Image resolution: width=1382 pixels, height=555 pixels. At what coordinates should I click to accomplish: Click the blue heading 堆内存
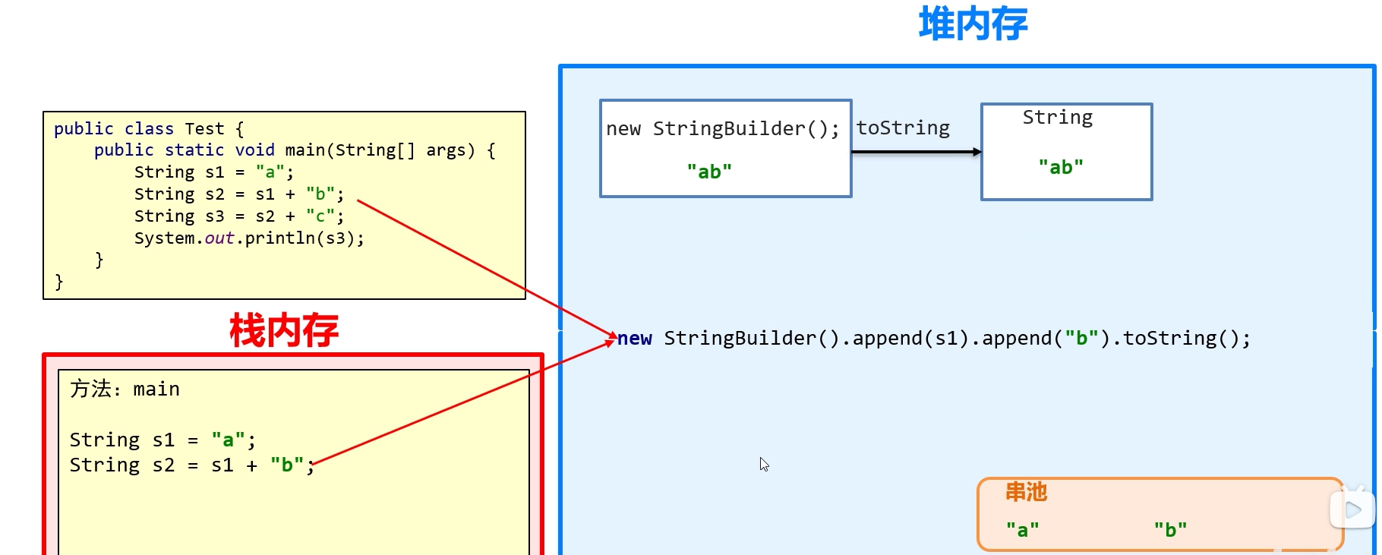click(x=973, y=24)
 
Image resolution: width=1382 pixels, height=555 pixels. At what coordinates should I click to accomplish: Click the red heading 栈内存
click(x=284, y=330)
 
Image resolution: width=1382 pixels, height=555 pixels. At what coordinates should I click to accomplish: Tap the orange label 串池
click(x=1026, y=493)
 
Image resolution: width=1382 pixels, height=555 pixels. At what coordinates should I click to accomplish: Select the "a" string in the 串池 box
click(x=1022, y=530)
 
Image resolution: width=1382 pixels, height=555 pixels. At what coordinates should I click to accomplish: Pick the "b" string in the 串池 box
click(x=1170, y=530)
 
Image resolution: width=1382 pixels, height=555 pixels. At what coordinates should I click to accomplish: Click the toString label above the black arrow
click(x=903, y=128)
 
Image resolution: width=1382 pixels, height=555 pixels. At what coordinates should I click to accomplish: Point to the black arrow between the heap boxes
click(x=916, y=152)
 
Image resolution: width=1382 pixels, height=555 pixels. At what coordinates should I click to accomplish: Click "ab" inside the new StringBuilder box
click(x=709, y=172)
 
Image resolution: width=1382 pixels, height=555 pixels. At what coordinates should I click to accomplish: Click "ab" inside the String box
click(x=1061, y=168)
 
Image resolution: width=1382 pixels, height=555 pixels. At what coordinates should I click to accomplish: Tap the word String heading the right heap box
click(x=1058, y=118)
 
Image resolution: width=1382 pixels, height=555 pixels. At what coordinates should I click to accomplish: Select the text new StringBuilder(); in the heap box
click(x=723, y=129)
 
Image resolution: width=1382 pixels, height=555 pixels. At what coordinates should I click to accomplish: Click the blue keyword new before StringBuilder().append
click(x=635, y=339)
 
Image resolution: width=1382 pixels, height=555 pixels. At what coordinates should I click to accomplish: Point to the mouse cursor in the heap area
click(x=764, y=464)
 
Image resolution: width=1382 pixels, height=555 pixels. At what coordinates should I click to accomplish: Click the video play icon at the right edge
click(x=1352, y=510)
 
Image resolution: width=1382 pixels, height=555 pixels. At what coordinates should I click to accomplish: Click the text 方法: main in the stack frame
click(x=125, y=389)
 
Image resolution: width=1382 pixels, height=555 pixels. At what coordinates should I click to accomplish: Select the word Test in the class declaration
click(x=204, y=129)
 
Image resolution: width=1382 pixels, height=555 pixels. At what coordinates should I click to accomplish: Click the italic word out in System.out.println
click(x=219, y=238)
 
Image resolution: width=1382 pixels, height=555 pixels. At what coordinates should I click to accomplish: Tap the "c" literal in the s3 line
click(x=320, y=216)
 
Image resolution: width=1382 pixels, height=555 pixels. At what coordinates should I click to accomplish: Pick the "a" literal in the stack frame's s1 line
click(x=228, y=440)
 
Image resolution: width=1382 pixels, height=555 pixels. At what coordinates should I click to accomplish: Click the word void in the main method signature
click(x=254, y=150)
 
